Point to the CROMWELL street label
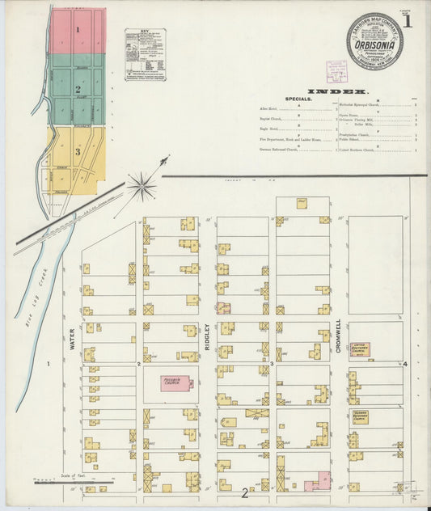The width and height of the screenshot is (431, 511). (340, 333)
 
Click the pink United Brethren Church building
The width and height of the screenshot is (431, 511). (360, 350)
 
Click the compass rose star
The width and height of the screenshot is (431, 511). (142, 187)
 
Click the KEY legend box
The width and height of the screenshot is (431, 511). (146, 54)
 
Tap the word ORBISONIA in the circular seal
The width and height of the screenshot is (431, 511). (374, 46)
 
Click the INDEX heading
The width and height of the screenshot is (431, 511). (337, 91)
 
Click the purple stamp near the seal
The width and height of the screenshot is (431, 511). (336, 71)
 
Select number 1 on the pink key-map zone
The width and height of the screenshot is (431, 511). (78, 30)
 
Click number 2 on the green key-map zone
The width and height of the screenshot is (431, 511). (78, 90)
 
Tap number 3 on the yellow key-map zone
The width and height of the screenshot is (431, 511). (78, 151)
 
